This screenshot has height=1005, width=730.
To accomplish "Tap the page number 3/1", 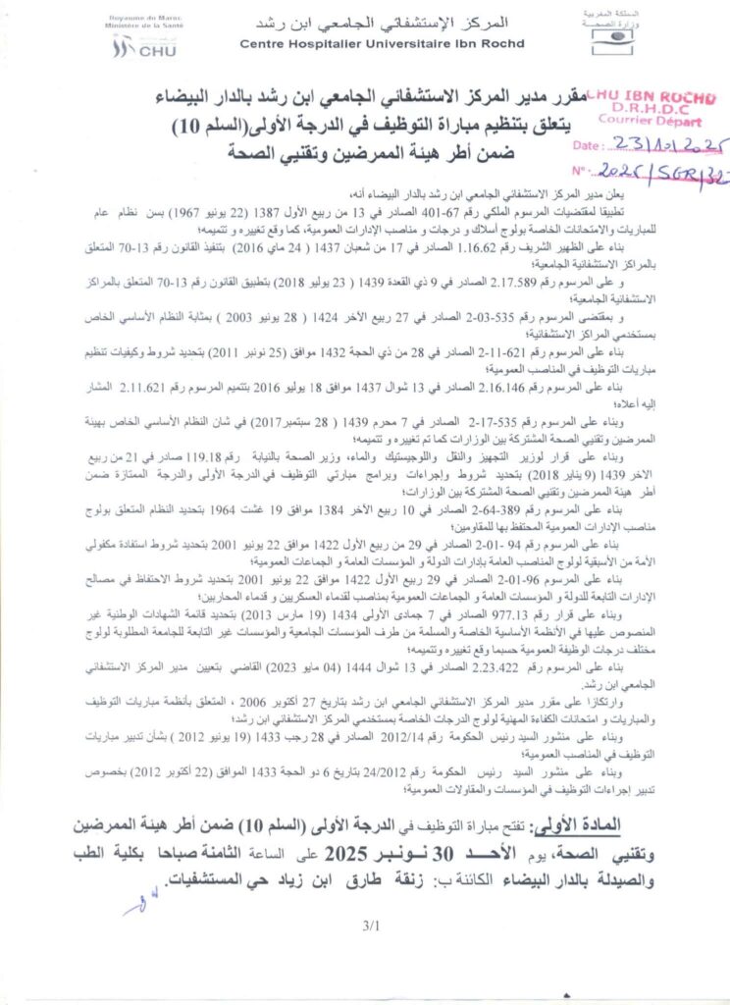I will click(x=370, y=925).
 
